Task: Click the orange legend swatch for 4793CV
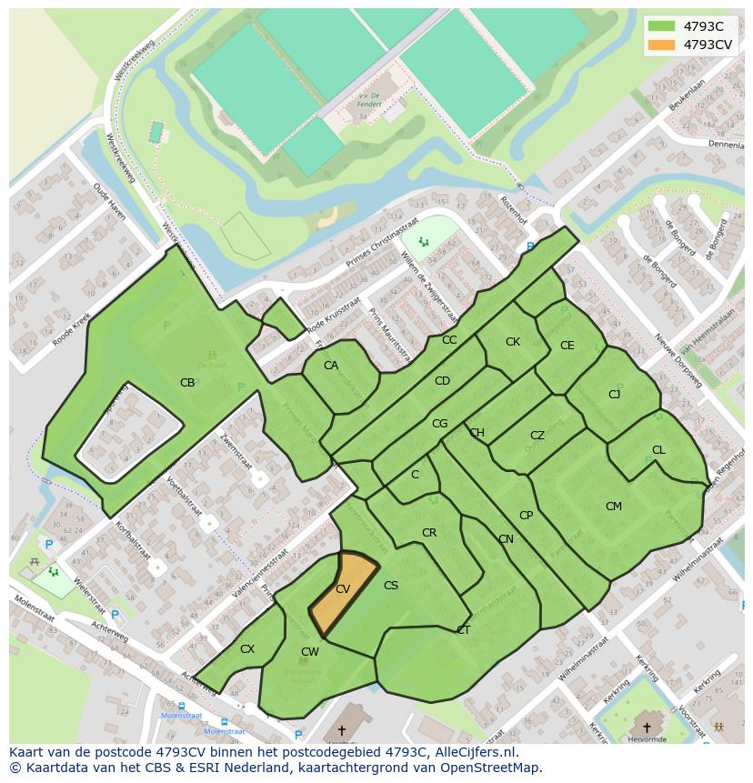661,44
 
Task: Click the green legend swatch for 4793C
661,25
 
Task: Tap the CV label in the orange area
343,589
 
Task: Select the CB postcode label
187,383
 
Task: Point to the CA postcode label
331,366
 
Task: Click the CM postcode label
614,506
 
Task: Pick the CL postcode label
658,450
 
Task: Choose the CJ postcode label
615,394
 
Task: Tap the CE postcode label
567,345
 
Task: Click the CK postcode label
513,342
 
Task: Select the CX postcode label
247,649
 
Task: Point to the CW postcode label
310,651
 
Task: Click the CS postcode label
391,586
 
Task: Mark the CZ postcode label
537,436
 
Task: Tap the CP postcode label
526,516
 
